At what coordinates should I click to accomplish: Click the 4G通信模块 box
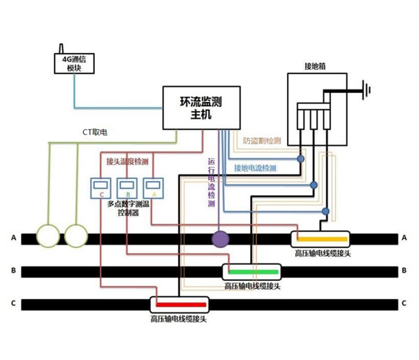[x=75, y=64]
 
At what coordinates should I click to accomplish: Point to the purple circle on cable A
[x=221, y=239]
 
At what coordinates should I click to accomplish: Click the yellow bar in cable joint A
[x=321, y=238]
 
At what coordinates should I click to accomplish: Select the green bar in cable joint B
[x=251, y=271]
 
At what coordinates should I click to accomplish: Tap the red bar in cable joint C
[x=180, y=303]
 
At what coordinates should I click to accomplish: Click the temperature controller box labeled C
[x=102, y=187]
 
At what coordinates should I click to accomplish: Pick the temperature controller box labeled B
[x=127, y=187]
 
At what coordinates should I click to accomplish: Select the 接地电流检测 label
[x=255, y=168]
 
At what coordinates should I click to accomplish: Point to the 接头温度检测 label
[x=127, y=161]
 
